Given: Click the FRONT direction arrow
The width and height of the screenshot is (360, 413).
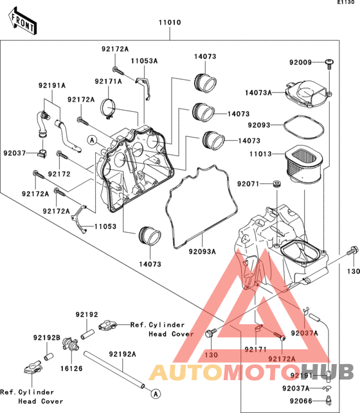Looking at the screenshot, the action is point(22,21).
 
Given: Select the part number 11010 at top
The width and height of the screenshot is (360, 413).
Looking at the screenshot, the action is point(170,23).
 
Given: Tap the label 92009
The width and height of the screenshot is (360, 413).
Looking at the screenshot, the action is point(300,62).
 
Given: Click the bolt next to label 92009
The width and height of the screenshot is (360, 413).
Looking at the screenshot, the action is point(329,64).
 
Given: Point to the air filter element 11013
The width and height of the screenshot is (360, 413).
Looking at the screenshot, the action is point(303,164).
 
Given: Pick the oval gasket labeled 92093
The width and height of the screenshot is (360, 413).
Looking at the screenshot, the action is point(303,127).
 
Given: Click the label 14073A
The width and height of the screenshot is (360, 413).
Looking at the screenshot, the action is point(258,93).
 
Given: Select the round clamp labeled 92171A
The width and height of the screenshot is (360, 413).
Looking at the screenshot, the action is point(108,109).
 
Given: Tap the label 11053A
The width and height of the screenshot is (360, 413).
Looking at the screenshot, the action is point(144,61).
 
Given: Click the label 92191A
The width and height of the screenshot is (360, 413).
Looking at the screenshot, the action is point(52,86).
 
